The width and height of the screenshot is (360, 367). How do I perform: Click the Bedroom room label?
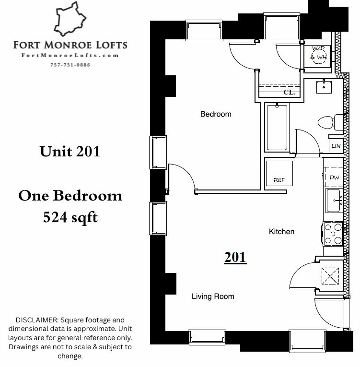(x=216, y=114)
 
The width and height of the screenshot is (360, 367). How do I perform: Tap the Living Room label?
(x=213, y=296)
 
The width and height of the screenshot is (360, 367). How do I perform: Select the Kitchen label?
(x=282, y=232)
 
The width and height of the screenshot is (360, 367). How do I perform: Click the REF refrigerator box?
(x=279, y=173)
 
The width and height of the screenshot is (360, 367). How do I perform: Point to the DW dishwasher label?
(x=335, y=178)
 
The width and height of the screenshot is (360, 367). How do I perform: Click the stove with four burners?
(x=333, y=234)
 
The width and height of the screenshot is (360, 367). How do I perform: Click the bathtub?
(x=277, y=128)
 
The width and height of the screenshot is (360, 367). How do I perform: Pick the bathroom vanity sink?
(x=324, y=87)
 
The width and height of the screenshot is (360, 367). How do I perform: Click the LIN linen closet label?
(x=336, y=146)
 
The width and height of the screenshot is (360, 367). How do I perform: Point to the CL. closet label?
(x=290, y=93)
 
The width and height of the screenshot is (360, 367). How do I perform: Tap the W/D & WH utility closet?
(x=317, y=56)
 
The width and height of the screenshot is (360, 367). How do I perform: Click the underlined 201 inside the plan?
(x=235, y=258)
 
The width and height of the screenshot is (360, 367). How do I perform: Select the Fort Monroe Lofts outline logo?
(x=70, y=19)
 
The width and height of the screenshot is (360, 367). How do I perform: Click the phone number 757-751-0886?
(x=70, y=65)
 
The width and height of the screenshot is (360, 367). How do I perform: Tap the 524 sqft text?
(x=70, y=217)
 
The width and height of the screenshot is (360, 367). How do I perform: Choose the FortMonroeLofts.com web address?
(x=70, y=56)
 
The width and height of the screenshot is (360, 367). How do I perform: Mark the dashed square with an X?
(x=330, y=276)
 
